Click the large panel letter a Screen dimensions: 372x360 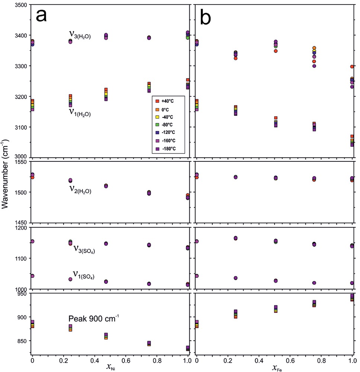point(41,17)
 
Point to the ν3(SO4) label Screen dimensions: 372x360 point(84,248)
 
